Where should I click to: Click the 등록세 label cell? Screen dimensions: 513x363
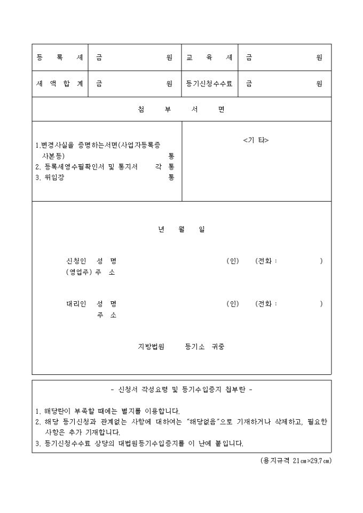tap(59, 58)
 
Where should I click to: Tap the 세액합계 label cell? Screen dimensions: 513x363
tap(59, 84)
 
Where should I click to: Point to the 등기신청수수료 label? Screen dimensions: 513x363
tap(209, 84)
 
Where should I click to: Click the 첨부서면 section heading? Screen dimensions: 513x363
tap(181, 109)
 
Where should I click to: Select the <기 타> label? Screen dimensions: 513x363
tap(256, 140)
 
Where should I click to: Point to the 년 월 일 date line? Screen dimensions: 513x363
tap(181, 229)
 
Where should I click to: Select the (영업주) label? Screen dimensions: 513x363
tap(78, 272)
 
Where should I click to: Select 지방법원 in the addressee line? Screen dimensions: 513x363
tap(152, 347)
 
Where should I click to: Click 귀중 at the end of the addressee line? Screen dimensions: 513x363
tap(218, 347)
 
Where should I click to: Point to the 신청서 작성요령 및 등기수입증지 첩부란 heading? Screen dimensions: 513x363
tap(181, 389)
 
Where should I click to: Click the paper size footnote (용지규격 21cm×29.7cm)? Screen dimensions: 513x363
tap(292, 460)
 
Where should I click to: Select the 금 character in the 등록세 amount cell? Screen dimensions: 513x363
tap(99, 58)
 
